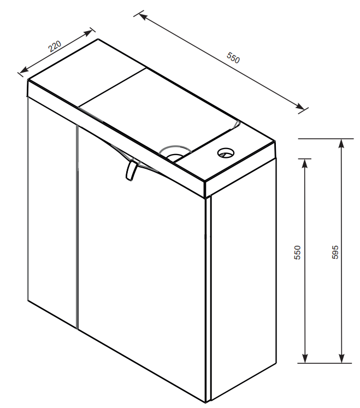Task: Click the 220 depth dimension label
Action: click(x=55, y=46)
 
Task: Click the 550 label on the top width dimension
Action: click(x=233, y=58)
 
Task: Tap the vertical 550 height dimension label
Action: click(x=297, y=252)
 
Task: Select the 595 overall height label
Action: click(x=335, y=252)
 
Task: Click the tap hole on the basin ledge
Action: click(x=226, y=153)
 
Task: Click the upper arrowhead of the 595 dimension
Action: click(x=341, y=144)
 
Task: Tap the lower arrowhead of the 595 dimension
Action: click(x=341, y=358)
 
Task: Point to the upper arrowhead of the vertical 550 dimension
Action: click(x=305, y=163)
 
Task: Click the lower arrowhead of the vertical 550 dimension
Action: click(x=305, y=358)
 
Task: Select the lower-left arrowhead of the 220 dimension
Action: click(x=24, y=70)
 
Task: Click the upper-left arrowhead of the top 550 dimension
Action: click(x=143, y=17)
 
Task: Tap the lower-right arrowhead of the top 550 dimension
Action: click(x=299, y=106)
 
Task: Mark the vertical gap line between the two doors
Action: click(x=78, y=227)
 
